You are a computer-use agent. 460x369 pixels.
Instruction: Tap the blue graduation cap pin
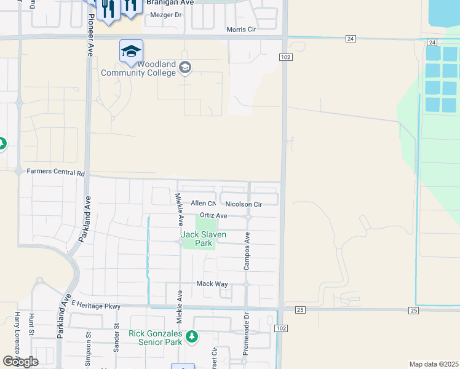(131, 52)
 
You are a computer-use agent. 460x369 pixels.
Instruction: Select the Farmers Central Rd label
(55, 173)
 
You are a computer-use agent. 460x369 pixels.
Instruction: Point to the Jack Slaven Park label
(204, 239)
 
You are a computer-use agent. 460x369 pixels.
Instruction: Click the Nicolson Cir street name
(244, 204)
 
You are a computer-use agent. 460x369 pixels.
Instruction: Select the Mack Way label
(212, 284)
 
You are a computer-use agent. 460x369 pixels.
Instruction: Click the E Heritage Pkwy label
(96, 305)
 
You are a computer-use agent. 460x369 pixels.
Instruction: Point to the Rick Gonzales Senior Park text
(156, 338)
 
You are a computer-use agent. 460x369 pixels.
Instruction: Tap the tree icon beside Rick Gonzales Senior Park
(192, 337)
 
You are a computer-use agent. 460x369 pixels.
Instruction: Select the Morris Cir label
(241, 30)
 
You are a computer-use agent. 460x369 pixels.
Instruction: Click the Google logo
(20, 361)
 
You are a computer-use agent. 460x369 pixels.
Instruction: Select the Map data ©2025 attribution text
(434, 364)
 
